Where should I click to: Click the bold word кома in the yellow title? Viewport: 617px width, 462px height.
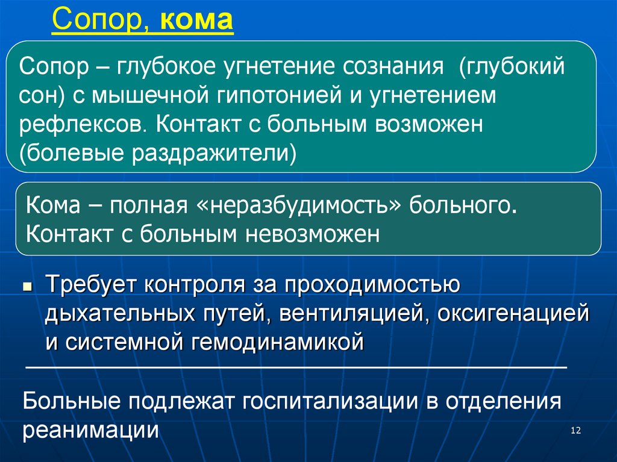(197, 22)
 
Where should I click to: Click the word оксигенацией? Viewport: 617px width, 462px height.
(513, 313)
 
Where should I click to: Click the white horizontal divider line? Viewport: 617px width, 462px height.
(295, 367)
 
